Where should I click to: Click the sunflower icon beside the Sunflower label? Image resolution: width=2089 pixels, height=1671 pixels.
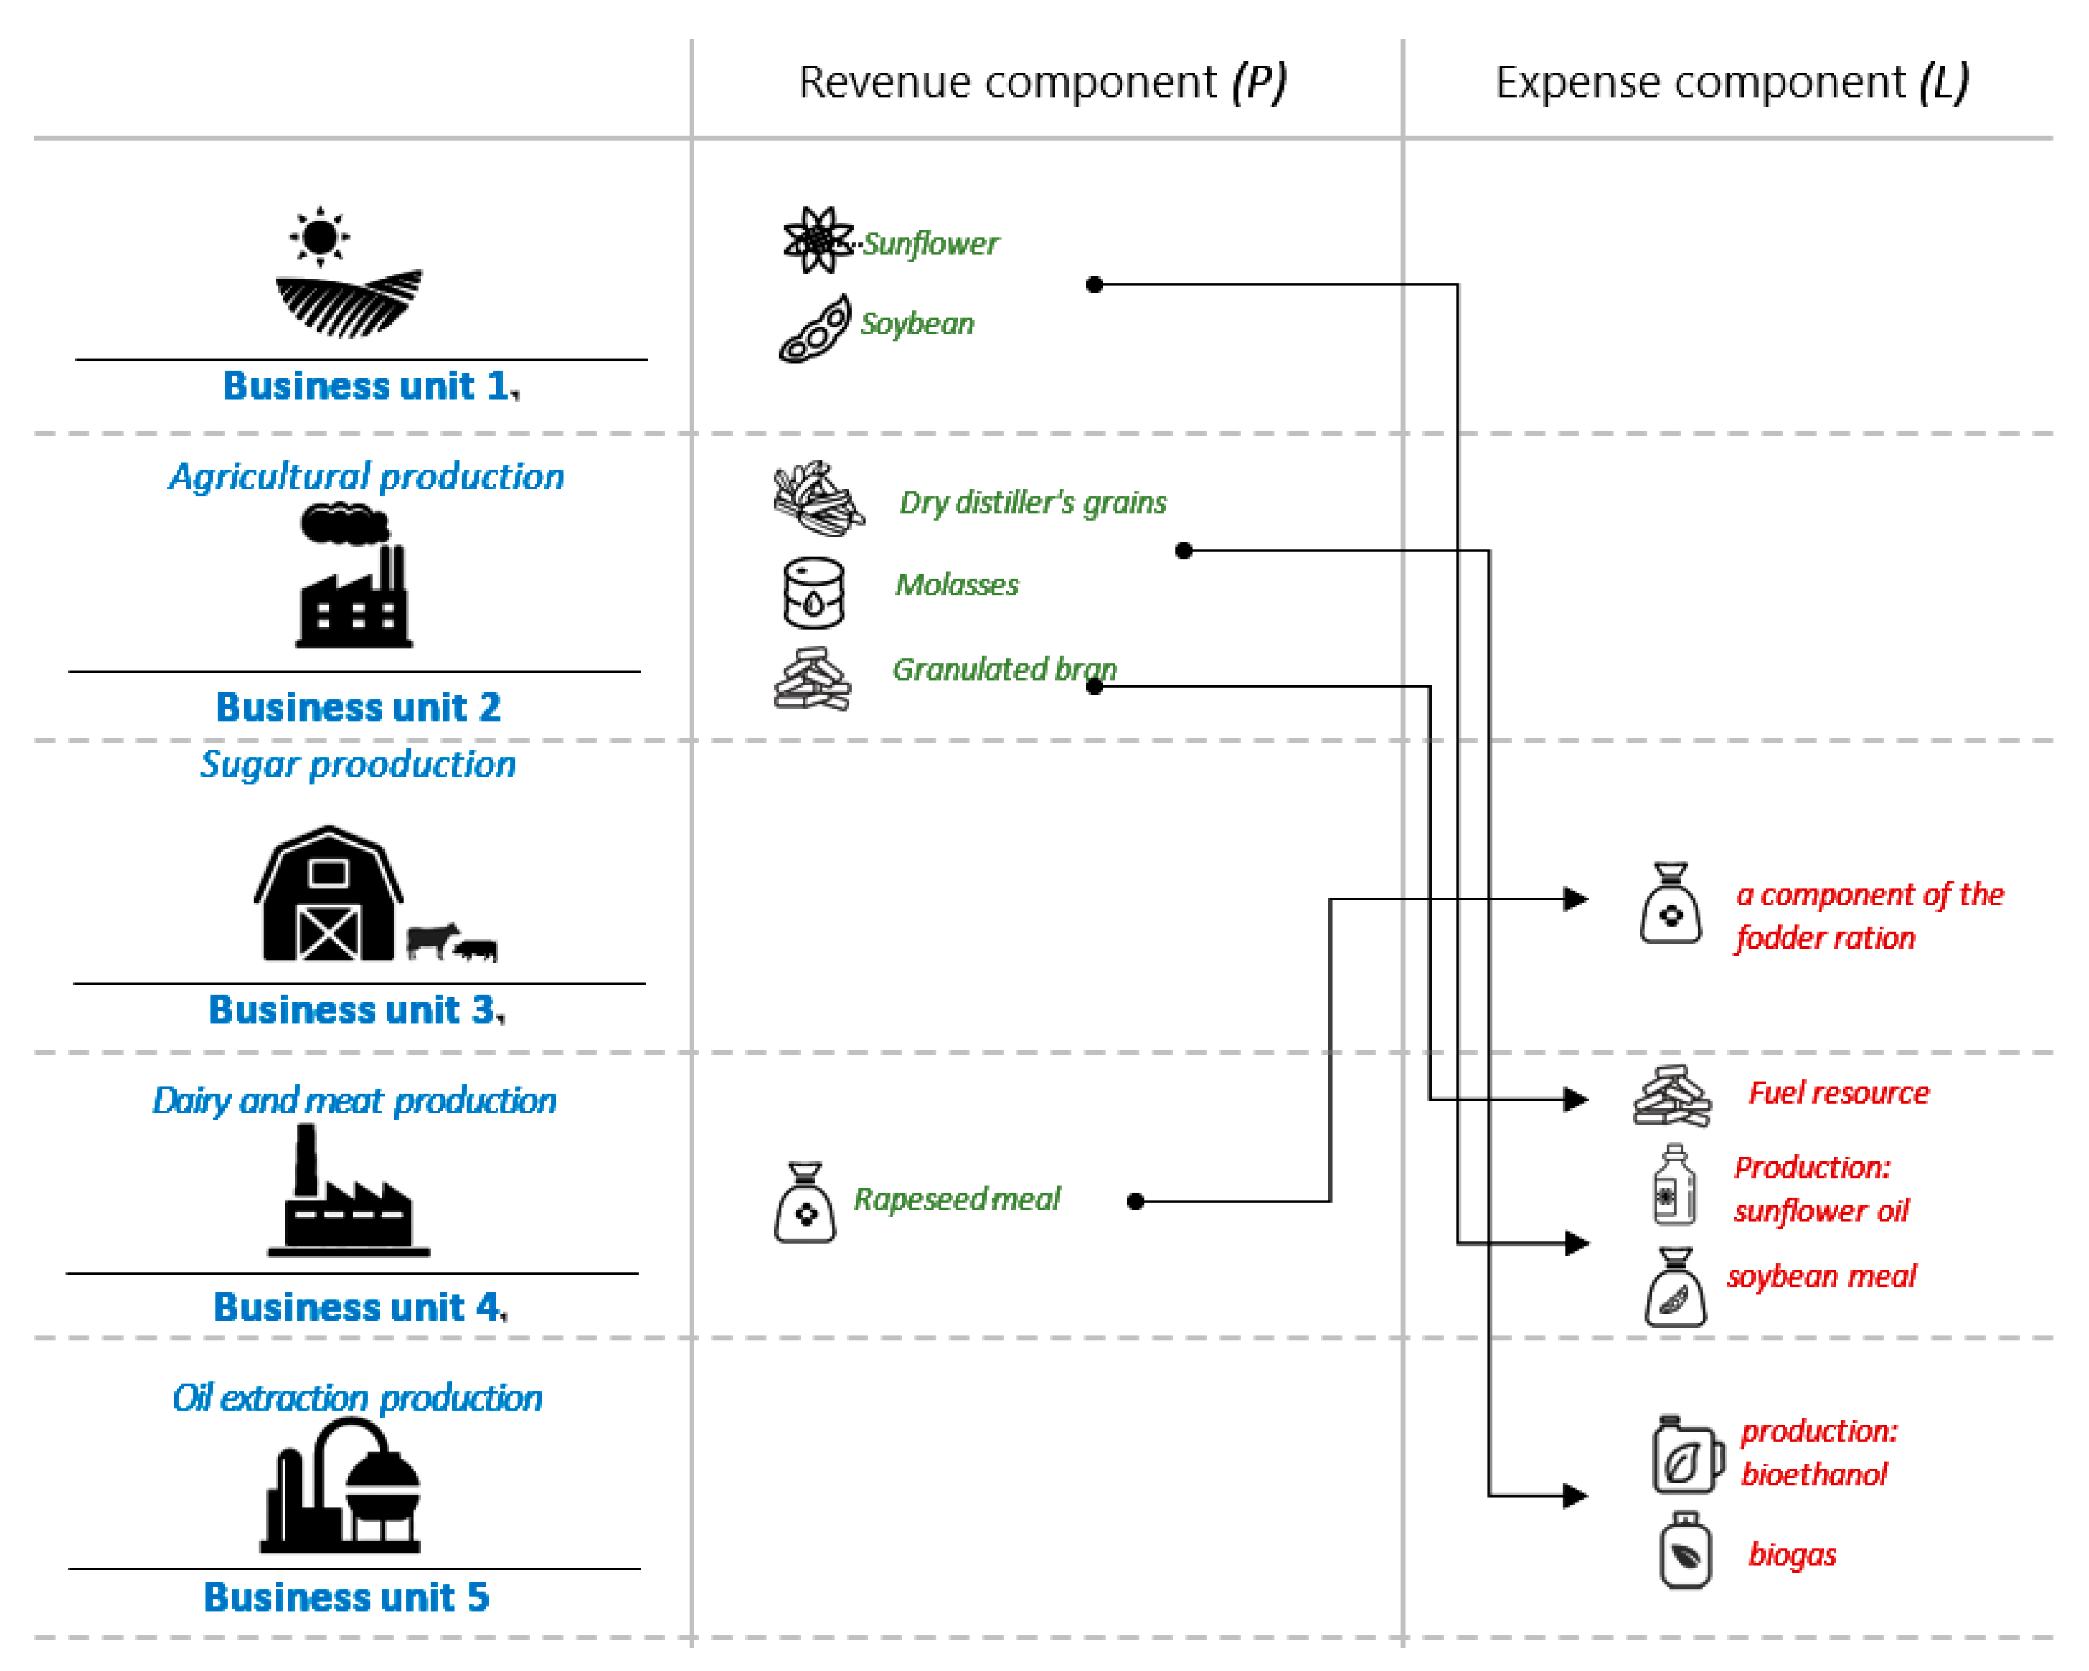817,239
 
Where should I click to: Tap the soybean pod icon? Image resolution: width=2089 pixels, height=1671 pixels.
815,330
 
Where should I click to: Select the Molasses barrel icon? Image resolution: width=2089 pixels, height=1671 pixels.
813,592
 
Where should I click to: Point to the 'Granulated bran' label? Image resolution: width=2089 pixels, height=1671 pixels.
1004,669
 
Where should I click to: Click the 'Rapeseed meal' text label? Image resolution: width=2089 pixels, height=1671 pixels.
956,1198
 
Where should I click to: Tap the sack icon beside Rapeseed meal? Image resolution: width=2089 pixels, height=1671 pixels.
804,1203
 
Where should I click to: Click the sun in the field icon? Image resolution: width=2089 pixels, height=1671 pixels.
320,235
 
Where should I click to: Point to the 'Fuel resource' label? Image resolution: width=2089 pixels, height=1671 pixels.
1838,1092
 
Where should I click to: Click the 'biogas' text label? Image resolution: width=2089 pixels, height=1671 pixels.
1792,1554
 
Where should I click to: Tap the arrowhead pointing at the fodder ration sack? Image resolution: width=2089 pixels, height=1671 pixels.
1577,899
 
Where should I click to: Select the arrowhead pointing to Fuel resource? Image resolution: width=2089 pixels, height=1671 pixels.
1577,1099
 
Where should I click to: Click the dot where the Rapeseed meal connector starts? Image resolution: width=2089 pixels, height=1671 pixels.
1136,1201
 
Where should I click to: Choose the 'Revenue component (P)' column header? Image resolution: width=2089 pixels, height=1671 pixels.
1043,82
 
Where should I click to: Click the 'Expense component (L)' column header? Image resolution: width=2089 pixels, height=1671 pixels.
1732,82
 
